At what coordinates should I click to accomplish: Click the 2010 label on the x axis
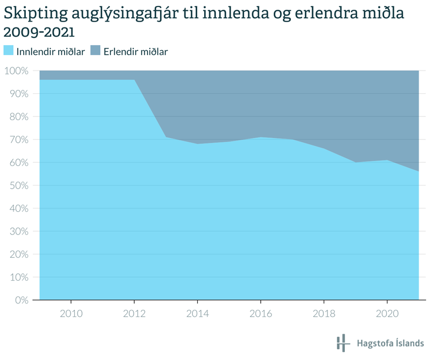[71, 313]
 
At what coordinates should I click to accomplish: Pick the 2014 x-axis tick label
[198, 313]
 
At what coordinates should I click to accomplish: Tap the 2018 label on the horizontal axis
[324, 313]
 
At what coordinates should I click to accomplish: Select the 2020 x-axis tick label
[387, 313]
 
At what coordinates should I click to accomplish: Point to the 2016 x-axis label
[261, 313]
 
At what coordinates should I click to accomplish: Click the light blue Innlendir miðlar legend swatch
[9, 51]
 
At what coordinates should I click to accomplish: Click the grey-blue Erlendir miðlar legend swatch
[95, 51]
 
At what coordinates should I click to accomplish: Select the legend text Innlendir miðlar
[50, 52]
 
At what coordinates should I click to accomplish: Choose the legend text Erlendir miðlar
[135, 52]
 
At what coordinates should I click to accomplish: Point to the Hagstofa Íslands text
[391, 343]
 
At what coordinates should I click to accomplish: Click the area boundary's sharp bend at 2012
[134, 80]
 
